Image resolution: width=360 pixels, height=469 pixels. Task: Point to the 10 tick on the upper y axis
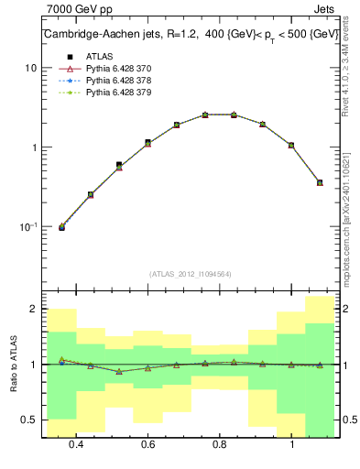tap(31, 69)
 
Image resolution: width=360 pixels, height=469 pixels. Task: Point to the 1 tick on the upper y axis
tap(34, 147)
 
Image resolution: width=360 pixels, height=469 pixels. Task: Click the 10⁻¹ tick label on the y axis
tap(29, 226)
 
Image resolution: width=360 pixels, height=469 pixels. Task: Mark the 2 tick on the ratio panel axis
tap(34, 310)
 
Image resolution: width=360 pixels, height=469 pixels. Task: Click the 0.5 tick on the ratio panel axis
tap(30, 420)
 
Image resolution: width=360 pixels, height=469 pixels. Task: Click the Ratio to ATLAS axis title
tap(12, 364)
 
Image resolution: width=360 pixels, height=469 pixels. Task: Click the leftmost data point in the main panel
tap(62, 226)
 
